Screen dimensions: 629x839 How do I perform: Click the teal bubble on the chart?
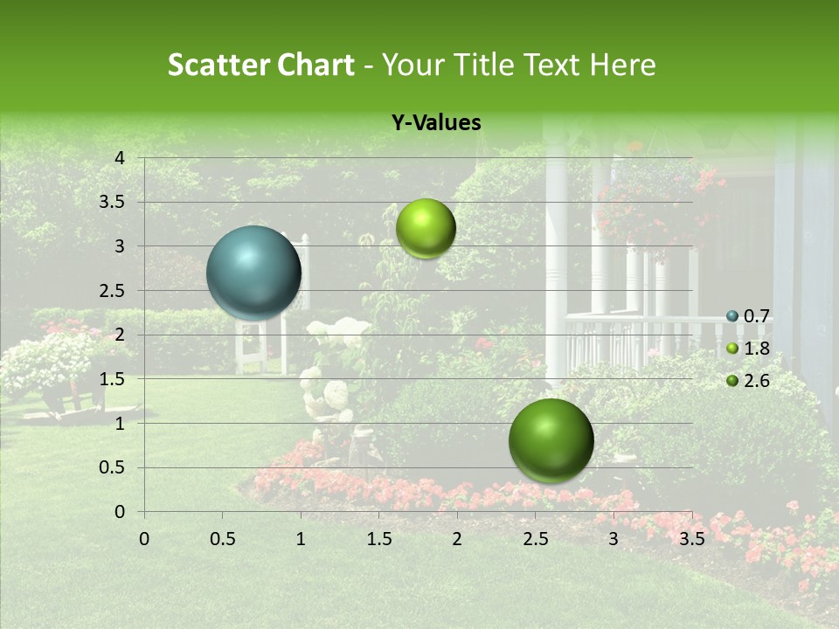pyautogui.click(x=253, y=273)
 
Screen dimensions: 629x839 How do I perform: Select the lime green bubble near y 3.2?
pyautogui.click(x=426, y=228)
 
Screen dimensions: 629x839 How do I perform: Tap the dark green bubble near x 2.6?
pyautogui.click(x=551, y=440)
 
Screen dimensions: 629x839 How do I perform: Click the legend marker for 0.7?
pyautogui.click(x=732, y=316)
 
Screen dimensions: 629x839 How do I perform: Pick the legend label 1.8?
pyautogui.click(x=756, y=349)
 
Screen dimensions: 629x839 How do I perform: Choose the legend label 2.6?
pyautogui.click(x=756, y=381)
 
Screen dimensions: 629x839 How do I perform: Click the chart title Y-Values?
pyautogui.click(x=435, y=123)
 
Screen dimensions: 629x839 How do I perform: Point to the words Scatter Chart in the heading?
pyautogui.click(x=260, y=65)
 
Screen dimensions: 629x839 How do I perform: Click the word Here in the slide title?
pyautogui.click(x=622, y=65)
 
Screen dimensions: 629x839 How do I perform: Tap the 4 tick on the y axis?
pyautogui.click(x=120, y=157)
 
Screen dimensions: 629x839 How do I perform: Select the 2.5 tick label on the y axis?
pyautogui.click(x=112, y=290)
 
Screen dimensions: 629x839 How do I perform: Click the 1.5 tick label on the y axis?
pyautogui.click(x=112, y=379)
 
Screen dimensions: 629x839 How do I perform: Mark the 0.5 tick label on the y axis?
pyautogui.click(x=112, y=467)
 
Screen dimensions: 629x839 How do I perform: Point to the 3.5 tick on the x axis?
pyautogui.click(x=691, y=539)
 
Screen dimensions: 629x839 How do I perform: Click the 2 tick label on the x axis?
pyautogui.click(x=457, y=539)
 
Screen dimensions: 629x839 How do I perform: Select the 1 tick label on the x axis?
pyautogui.click(x=301, y=539)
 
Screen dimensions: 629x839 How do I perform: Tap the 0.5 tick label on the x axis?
pyautogui.click(x=222, y=539)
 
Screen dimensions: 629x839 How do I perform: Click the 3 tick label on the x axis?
pyautogui.click(x=614, y=539)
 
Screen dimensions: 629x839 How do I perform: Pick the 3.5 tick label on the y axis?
pyautogui.click(x=112, y=202)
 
